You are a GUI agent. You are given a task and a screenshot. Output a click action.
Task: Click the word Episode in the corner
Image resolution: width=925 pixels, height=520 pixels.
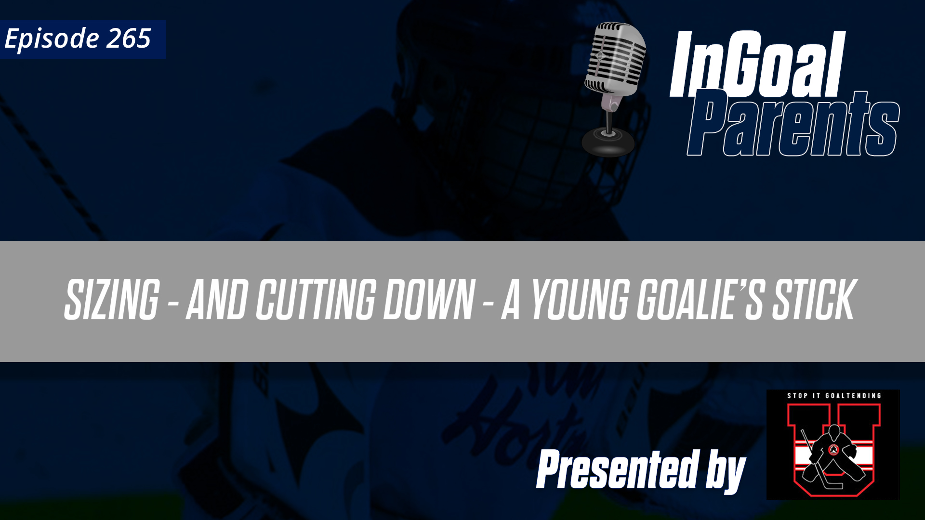coord(52,39)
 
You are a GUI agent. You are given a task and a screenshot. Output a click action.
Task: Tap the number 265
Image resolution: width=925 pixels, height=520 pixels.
coord(129,39)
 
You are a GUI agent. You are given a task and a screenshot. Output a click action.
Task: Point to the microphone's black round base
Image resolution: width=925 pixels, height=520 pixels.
coord(608,142)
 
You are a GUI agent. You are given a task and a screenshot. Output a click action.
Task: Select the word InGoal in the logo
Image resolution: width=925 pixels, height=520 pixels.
coord(757,65)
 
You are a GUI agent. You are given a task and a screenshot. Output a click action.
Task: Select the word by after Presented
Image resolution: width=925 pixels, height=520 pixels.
coord(726,472)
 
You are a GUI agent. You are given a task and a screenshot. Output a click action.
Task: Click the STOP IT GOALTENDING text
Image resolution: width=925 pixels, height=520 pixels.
coord(834,396)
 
